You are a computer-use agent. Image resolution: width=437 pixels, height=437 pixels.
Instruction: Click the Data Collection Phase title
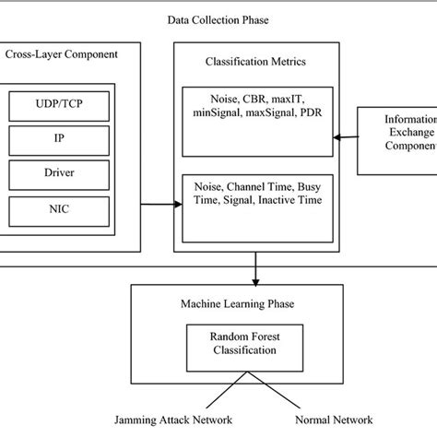coord(218,18)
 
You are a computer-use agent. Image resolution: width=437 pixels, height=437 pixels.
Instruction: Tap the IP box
coord(73,141)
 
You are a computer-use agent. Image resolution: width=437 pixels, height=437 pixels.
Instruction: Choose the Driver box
coord(73,174)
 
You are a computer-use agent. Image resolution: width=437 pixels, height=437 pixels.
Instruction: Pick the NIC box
coord(73,208)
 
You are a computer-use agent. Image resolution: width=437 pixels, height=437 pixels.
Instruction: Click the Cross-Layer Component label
coord(62,54)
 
